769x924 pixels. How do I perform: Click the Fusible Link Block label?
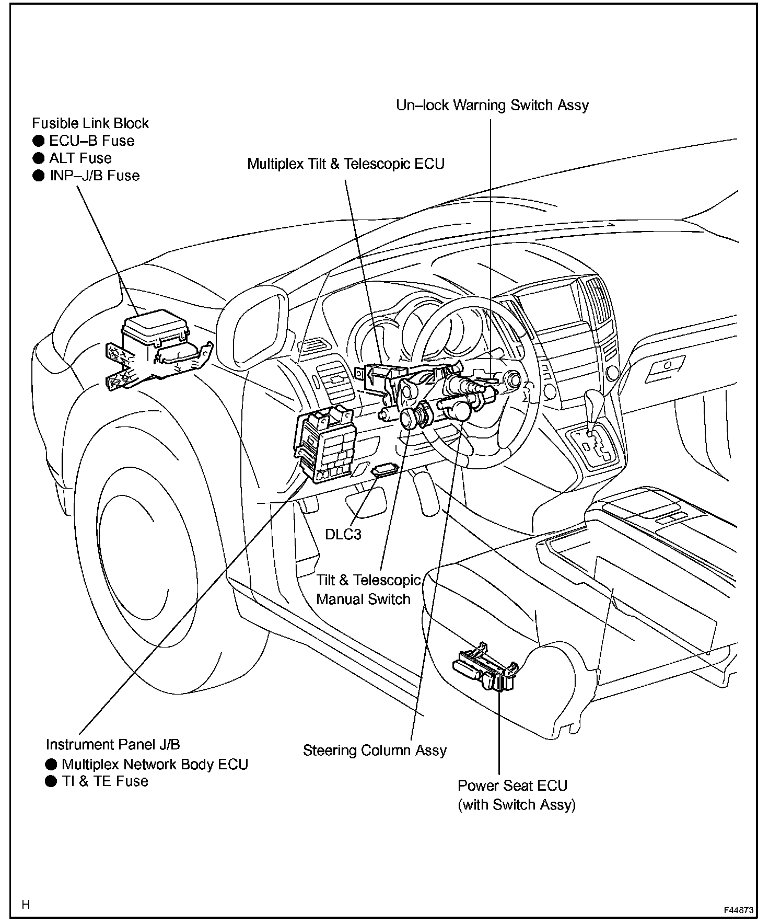coord(90,123)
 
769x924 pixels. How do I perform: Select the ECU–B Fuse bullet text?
coord(91,141)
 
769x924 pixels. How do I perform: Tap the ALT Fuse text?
coord(80,158)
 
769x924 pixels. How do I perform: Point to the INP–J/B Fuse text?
coord(95,175)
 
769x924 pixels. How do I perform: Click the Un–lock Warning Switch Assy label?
coord(492,105)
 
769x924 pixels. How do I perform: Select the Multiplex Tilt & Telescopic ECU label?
coord(345,164)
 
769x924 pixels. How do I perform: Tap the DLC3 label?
coord(343,534)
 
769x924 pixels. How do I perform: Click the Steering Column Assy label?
coord(375,750)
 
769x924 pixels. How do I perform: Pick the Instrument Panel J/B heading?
coord(113,744)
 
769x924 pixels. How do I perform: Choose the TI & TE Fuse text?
coord(105,781)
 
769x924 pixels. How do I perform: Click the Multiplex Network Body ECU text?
coord(155,764)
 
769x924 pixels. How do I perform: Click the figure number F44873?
coord(738,910)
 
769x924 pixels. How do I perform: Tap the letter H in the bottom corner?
coord(26,905)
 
